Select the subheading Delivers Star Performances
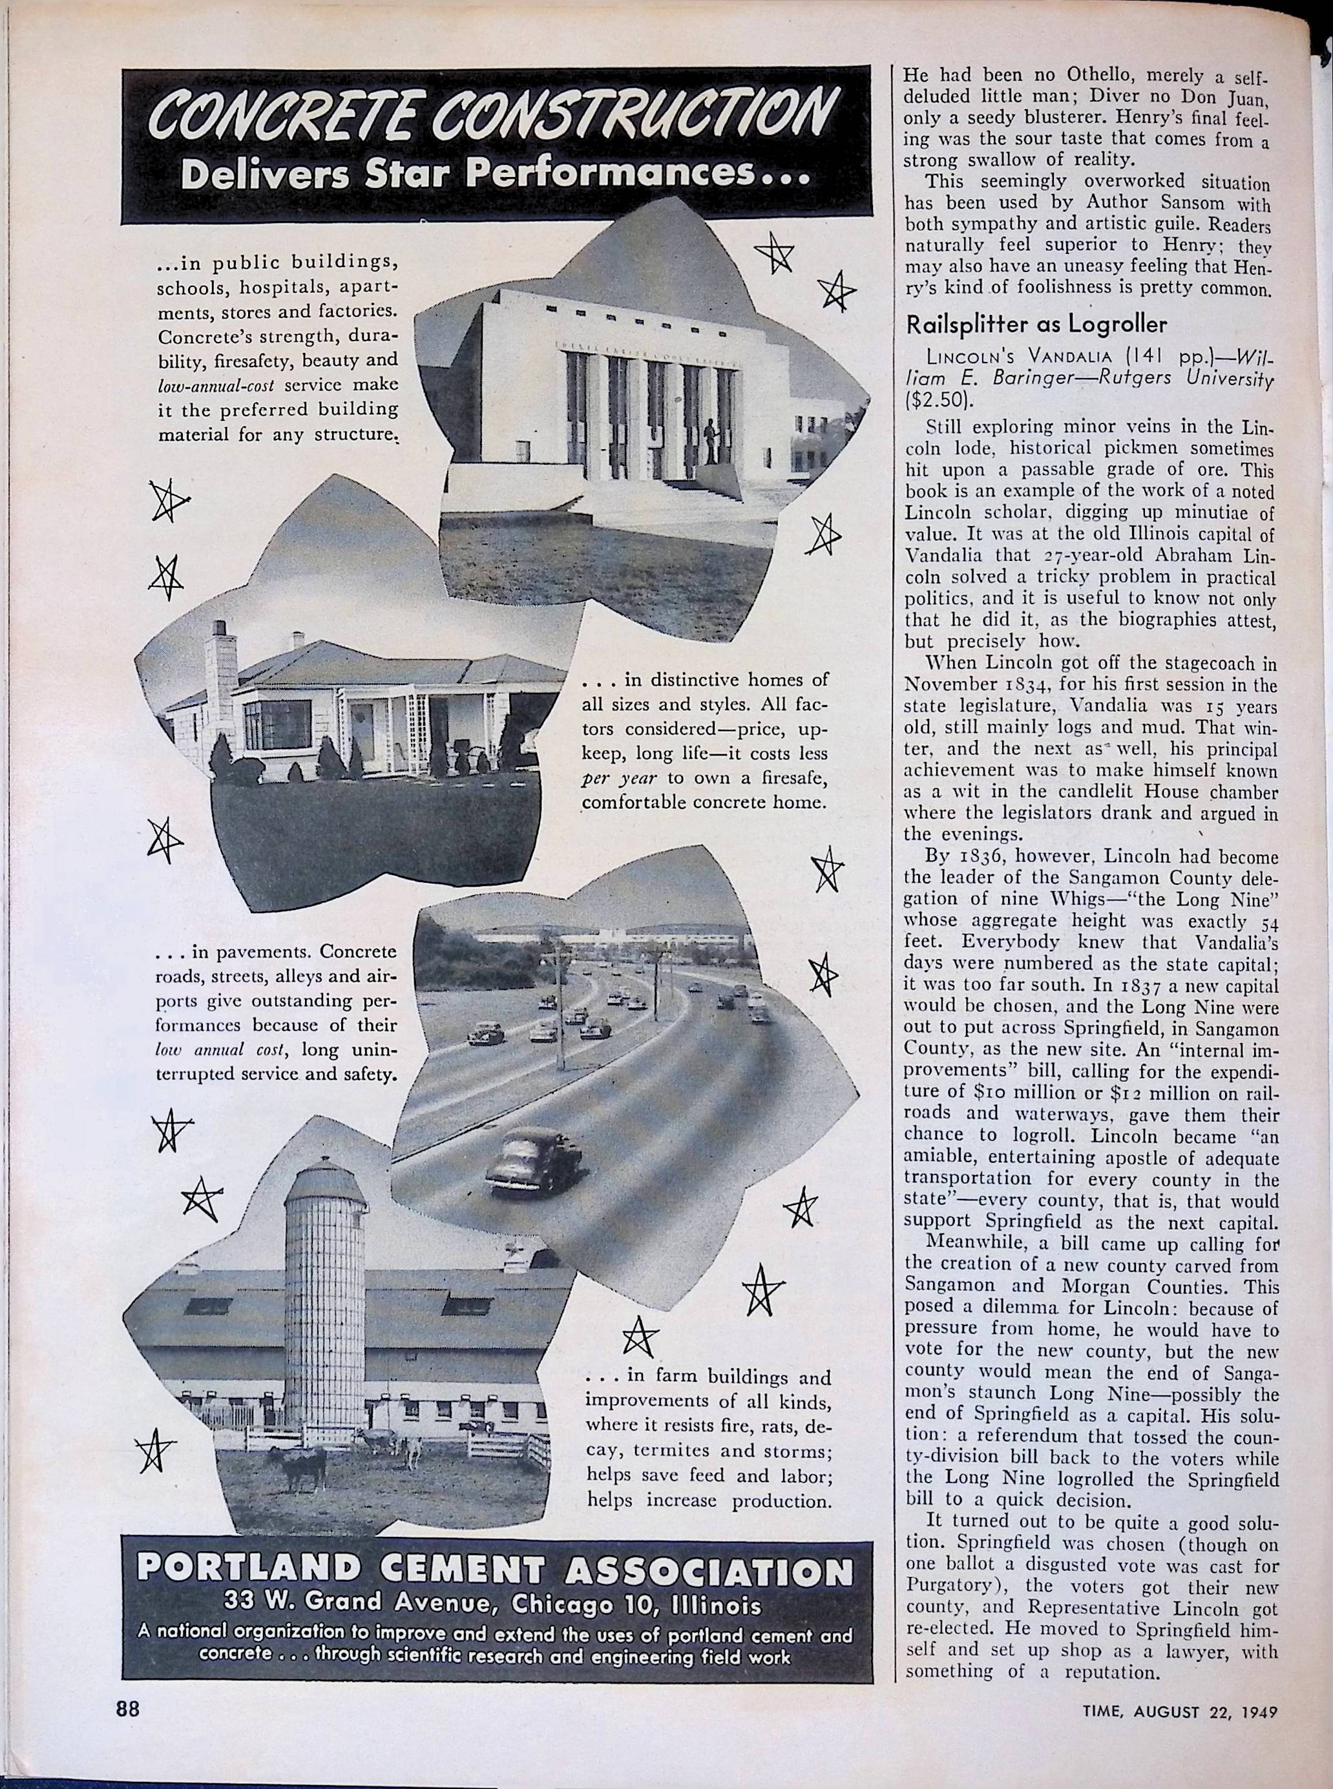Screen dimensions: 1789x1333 tap(495, 175)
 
